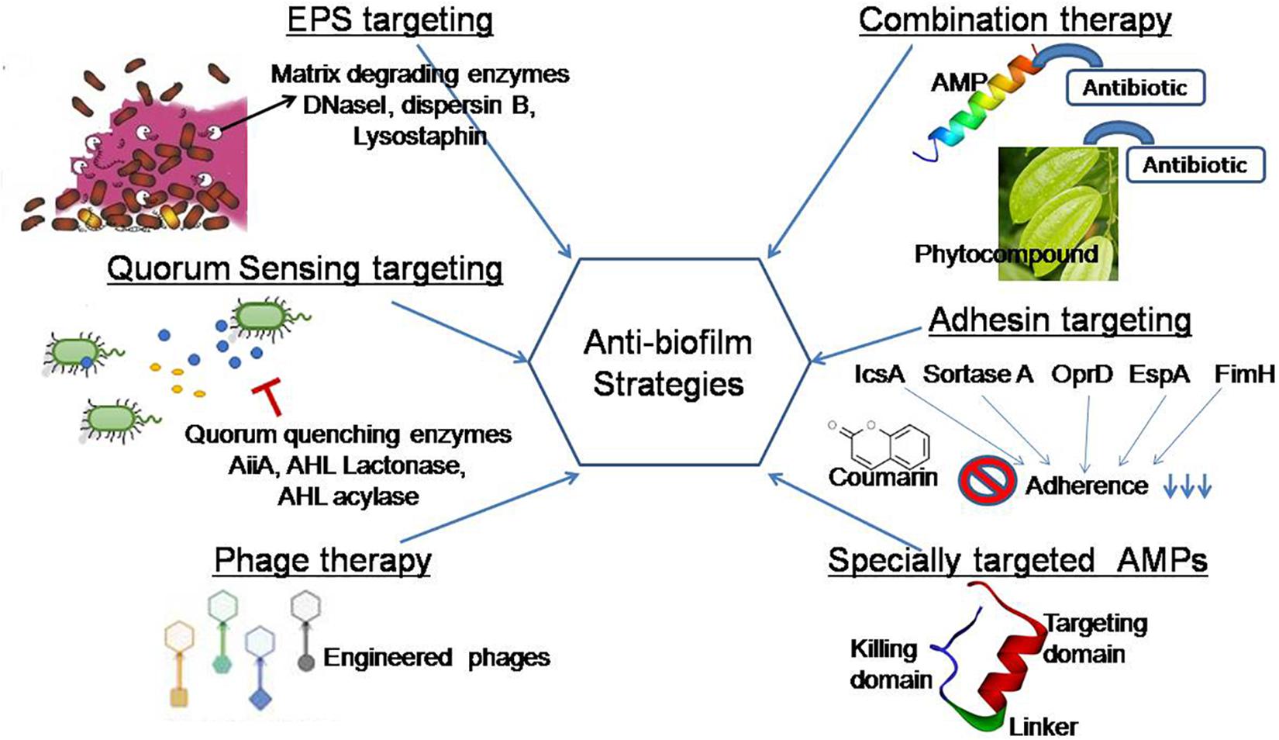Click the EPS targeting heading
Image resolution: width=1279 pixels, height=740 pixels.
[x=390, y=21]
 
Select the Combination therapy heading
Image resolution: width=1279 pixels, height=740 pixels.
[x=1015, y=21]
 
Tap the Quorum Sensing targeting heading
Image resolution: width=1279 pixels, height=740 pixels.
[x=305, y=269]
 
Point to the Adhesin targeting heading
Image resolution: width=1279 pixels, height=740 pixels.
[x=1060, y=320]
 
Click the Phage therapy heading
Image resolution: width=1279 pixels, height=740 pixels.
[x=322, y=560]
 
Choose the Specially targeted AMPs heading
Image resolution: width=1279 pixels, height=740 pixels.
[x=1017, y=560]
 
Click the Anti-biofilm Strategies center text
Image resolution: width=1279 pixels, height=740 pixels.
[x=668, y=363]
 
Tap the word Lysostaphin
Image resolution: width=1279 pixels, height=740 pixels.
[x=420, y=137]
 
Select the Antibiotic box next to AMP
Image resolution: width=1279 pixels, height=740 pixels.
[x=1135, y=88]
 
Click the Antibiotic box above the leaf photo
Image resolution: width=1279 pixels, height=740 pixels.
[x=1195, y=164]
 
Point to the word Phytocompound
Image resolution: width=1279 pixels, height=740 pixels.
[x=1006, y=254]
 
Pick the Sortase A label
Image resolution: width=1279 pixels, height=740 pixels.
[x=977, y=375]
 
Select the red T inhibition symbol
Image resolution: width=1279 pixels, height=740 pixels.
[x=267, y=398]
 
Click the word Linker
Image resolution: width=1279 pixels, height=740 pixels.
[x=1043, y=727]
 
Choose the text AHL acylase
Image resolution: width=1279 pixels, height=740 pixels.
[x=348, y=496]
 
